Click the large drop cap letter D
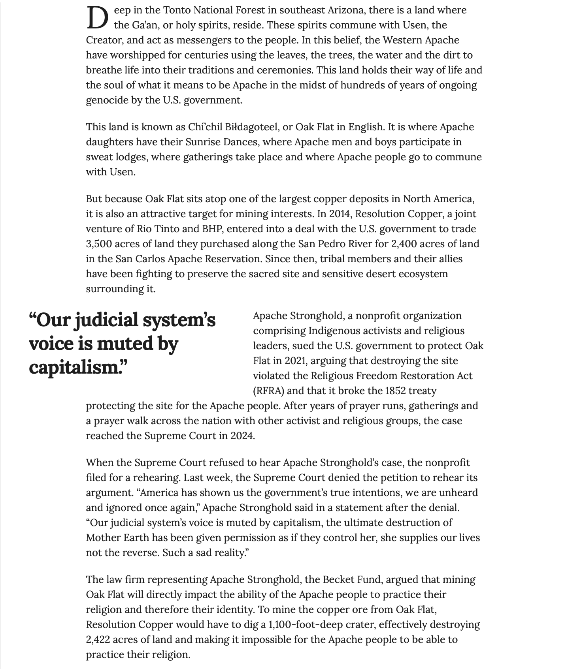pos(97,18)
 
